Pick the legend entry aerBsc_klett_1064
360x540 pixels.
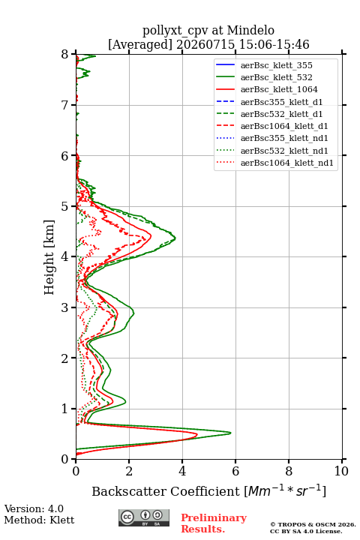267,89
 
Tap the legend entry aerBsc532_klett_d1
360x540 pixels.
269,114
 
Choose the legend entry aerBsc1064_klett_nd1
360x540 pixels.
274,163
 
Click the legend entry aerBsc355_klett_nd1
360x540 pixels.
271,138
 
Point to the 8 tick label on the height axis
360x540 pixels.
65,54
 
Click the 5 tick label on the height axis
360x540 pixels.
65,206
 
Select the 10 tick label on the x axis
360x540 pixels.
341,471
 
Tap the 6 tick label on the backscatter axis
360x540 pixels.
235,471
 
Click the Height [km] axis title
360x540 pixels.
49,257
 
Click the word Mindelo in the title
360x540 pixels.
250,30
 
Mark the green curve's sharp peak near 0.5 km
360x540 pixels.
230,433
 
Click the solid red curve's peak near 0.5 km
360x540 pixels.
197,435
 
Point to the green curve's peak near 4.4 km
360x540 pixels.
175,238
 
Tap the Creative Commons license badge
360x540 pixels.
144,517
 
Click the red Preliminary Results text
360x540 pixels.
214,523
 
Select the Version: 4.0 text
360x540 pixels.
34,508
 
